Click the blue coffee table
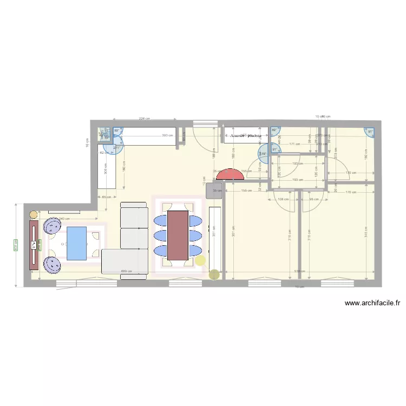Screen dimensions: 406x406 (76, 244)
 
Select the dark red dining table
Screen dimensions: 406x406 (178, 235)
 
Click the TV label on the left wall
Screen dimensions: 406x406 (34, 245)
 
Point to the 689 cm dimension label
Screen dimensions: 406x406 (127, 272)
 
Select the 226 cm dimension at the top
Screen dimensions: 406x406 (144, 118)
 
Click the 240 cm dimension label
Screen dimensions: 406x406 (64, 219)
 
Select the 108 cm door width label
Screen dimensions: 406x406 (281, 199)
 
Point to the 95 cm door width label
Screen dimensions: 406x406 (313, 199)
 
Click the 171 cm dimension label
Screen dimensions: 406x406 (294, 144)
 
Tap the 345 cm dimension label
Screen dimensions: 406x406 (366, 234)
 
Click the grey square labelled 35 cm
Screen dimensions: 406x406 (215, 191)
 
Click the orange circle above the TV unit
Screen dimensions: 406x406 (34, 214)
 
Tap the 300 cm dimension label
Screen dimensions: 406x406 (16, 245)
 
